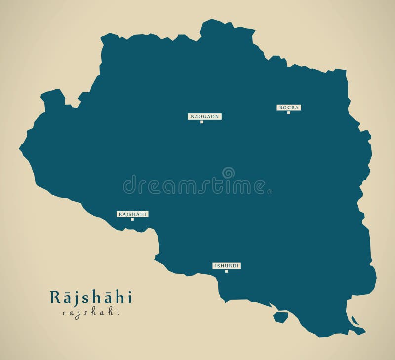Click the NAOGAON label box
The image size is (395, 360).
[x=204, y=117]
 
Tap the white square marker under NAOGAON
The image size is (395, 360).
[x=202, y=122]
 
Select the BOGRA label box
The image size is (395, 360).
[x=289, y=108]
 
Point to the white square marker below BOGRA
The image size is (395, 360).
[x=289, y=113]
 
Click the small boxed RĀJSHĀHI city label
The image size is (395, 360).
[x=132, y=214]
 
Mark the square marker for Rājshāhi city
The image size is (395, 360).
[x=132, y=219]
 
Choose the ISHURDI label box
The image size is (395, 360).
[x=227, y=266]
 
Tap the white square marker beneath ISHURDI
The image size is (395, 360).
[x=227, y=271]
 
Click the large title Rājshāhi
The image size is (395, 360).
[x=91, y=297]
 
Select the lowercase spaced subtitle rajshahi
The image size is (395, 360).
[x=91, y=312]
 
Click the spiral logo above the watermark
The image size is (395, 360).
[x=228, y=173]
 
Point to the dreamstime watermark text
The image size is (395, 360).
[x=197, y=186]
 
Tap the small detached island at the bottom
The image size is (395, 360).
[x=281, y=317]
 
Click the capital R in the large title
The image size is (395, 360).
[x=54, y=297]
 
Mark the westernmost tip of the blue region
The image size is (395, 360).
[x=20, y=147]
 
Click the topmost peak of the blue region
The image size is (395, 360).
[x=211, y=20]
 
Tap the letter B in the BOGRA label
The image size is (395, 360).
[x=280, y=108]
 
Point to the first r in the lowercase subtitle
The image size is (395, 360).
[x=64, y=312]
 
